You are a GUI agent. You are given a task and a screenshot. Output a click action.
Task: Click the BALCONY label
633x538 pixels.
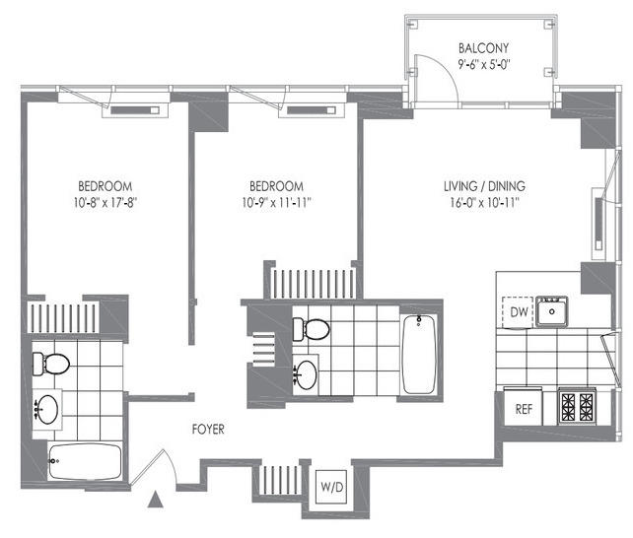483,48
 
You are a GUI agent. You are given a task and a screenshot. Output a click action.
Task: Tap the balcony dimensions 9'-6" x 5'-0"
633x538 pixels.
484,64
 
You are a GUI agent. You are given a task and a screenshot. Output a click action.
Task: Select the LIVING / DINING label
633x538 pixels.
484,186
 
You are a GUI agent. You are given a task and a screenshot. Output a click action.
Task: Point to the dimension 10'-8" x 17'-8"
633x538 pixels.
105,202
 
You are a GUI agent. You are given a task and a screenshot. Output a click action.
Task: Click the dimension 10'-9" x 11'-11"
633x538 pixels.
276,202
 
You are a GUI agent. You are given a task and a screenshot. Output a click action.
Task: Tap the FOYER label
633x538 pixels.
208,429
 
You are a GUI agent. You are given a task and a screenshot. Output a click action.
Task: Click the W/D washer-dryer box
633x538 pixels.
331,487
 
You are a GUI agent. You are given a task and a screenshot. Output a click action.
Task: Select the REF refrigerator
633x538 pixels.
524,408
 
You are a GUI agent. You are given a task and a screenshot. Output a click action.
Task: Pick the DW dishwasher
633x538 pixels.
519,311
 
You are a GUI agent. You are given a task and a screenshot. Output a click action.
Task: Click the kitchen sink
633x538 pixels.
552,311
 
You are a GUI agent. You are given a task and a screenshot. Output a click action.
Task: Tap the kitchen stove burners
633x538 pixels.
577,407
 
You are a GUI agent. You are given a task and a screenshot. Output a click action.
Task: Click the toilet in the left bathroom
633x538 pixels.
51,364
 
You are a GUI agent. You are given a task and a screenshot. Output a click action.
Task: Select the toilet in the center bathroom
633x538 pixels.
311,329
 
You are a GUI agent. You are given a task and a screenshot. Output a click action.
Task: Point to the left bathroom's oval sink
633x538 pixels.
47,409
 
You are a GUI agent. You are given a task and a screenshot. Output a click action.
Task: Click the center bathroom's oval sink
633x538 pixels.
306,374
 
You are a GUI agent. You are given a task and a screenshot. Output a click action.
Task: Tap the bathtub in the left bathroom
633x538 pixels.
85,461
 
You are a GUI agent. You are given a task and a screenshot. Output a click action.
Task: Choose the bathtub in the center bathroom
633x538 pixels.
419,354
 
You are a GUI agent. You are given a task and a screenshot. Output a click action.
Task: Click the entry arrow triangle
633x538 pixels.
156,500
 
